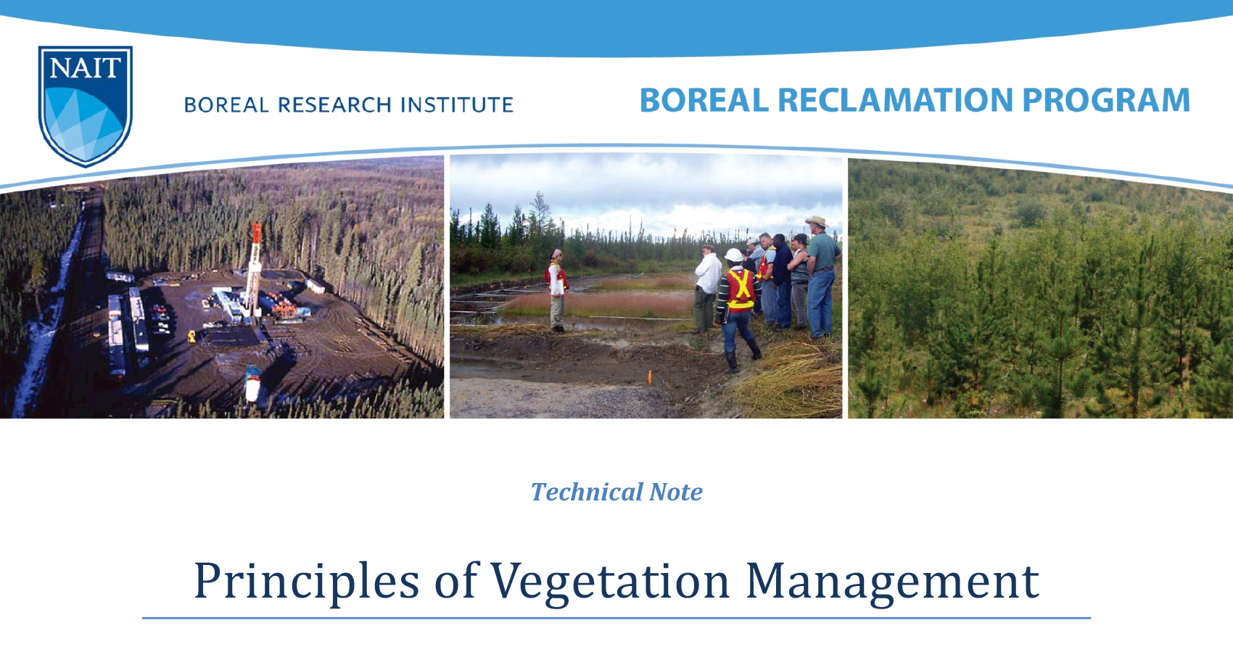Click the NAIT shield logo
[85, 104]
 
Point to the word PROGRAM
[1106, 100]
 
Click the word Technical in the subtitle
[586, 492]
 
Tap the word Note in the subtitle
[676, 492]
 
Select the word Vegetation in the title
[610, 582]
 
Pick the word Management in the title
[892, 582]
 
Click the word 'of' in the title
[455, 582]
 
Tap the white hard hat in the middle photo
[734, 255]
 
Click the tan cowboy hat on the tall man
[817, 220]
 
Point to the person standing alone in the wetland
[557, 290]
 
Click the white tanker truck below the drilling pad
[252, 382]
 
